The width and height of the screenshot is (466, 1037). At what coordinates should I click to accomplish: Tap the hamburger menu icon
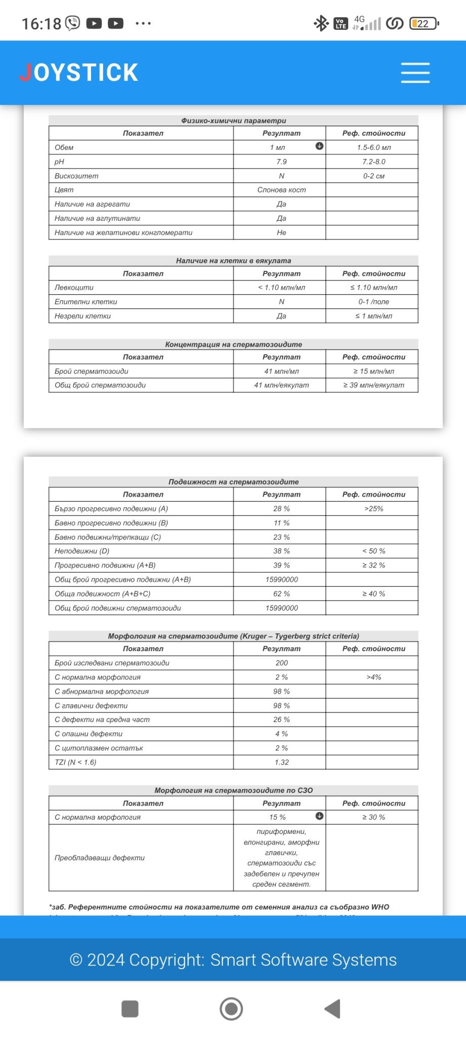415,73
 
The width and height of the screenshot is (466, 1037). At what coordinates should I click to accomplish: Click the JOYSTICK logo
79,72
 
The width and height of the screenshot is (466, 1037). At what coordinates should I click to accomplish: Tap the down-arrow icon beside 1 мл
319,146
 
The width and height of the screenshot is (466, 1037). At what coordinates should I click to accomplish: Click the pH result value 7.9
281,162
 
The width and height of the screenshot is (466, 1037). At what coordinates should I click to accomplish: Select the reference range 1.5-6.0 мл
373,147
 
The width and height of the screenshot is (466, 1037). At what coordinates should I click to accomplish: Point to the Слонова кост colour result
281,190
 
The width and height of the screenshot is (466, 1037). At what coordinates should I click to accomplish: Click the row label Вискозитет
76,176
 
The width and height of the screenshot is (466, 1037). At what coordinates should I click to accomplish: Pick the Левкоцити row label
74,287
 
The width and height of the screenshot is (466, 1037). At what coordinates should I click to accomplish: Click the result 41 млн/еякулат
281,385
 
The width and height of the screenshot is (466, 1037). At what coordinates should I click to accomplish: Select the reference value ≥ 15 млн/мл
373,371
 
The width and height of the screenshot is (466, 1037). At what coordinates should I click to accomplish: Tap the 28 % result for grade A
281,508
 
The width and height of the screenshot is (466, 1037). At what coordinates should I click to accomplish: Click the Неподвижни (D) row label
82,551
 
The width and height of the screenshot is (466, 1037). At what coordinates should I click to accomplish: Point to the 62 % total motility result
281,593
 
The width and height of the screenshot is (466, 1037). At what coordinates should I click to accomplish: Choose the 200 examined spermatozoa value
281,663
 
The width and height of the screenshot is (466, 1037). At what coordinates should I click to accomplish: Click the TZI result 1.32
281,762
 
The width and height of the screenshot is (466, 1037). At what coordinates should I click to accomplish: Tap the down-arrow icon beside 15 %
319,816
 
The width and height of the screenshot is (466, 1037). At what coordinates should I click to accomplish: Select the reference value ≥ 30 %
373,817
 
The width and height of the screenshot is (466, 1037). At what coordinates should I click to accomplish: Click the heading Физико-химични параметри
233,121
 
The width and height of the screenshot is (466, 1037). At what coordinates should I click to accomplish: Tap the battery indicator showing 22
424,23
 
